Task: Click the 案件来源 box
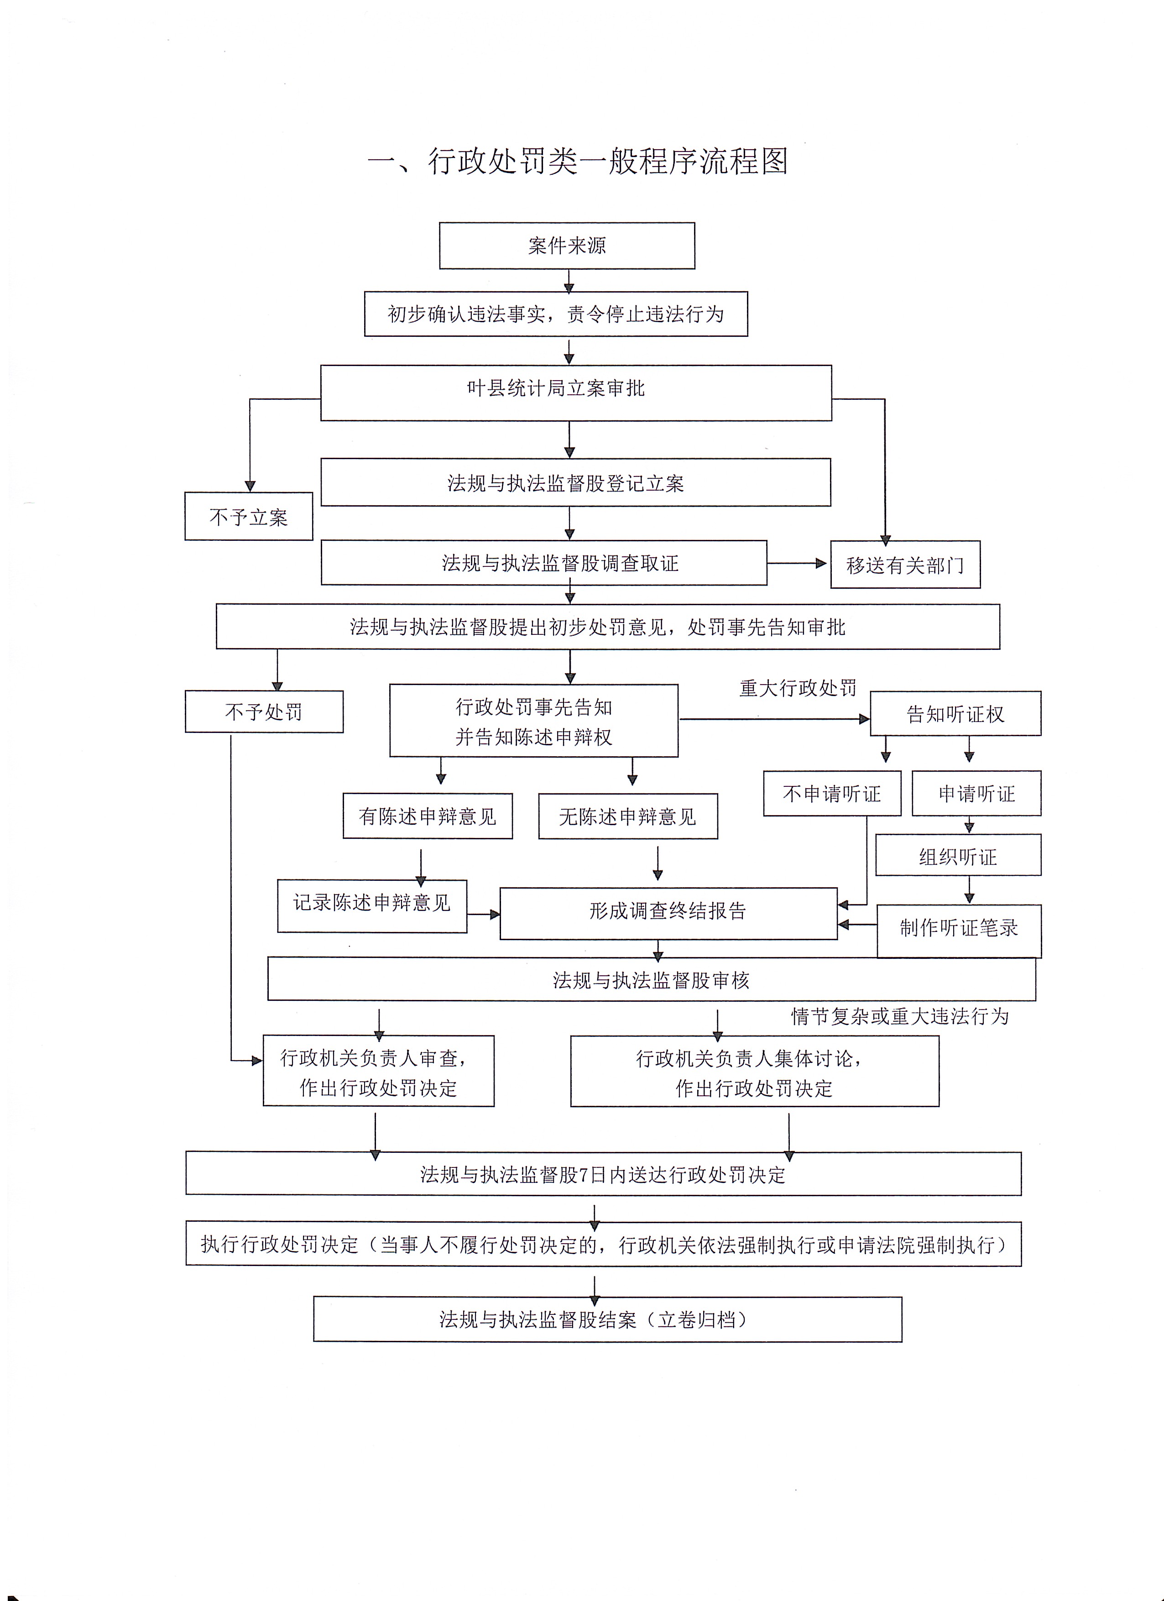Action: point(567,246)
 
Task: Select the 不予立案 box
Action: point(249,516)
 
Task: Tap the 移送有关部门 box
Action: point(905,564)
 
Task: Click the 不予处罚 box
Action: point(264,712)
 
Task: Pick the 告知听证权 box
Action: point(955,714)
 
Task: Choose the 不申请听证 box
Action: point(832,794)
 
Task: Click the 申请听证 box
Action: point(976,794)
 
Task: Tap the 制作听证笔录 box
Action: point(959,931)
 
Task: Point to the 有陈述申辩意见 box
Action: point(428,816)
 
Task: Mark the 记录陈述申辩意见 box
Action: point(372,905)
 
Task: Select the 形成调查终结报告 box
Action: point(668,913)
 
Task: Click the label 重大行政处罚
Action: point(798,688)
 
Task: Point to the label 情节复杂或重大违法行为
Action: point(900,1016)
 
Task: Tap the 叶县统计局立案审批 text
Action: point(556,388)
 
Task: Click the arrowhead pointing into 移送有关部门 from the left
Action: point(821,563)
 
